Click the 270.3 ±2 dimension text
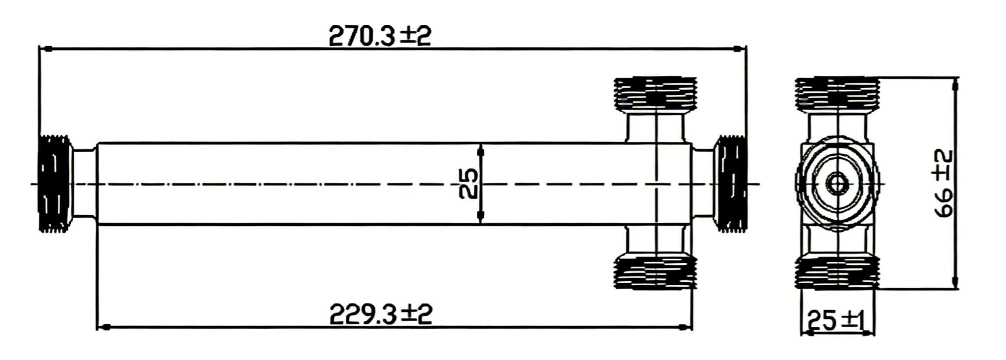click(x=380, y=36)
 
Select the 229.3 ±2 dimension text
click(x=381, y=314)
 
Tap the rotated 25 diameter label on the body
click(x=469, y=183)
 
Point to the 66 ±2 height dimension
click(x=943, y=183)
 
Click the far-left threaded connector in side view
click(x=55, y=183)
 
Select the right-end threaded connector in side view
click(x=730, y=183)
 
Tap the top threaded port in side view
click(x=655, y=93)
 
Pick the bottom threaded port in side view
click(x=655, y=273)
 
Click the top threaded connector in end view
click(x=837, y=93)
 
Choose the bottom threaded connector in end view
click(x=837, y=273)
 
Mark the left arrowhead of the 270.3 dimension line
click(x=45, y=49)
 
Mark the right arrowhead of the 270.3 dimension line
click(x=739, y=49)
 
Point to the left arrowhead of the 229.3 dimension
click(x=103, y=327)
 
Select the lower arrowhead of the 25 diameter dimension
click(x=481, y=216)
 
